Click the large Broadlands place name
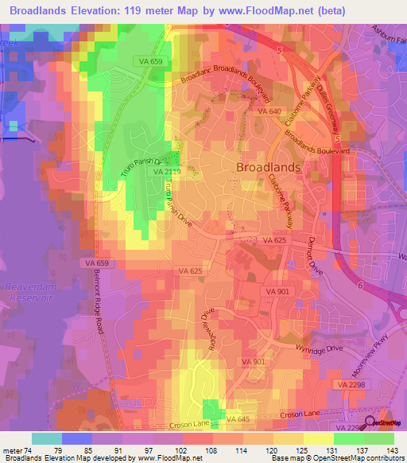268,167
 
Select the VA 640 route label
269,112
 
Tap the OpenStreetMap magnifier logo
370,423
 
